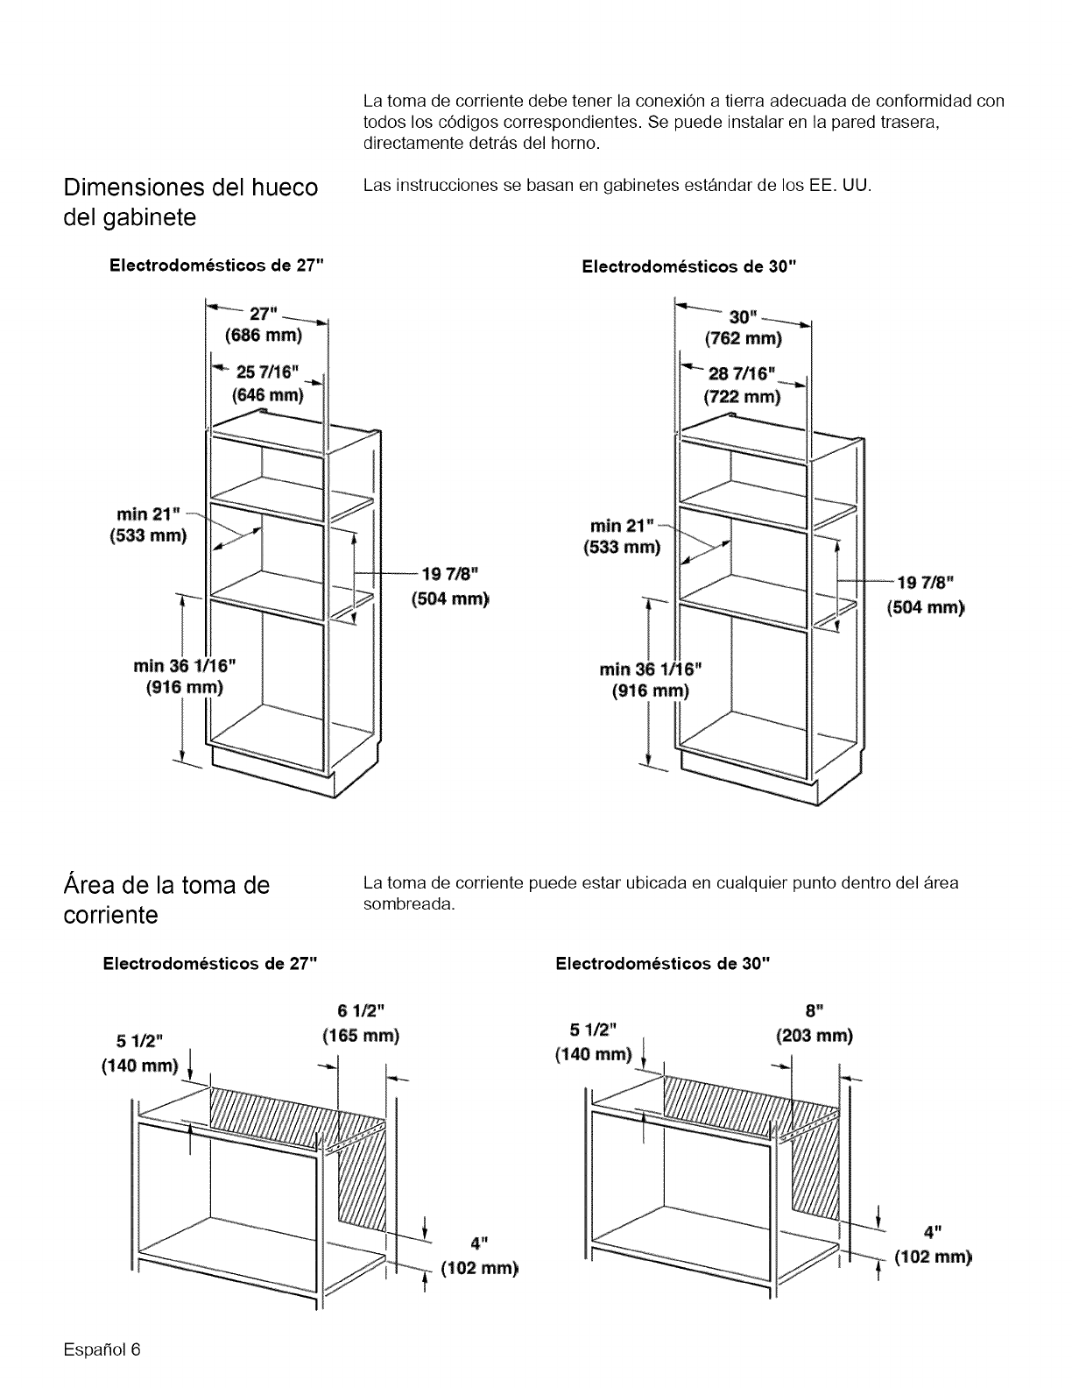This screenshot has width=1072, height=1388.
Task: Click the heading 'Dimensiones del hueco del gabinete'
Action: (x=190, y=202)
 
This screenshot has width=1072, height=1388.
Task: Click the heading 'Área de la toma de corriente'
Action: (x=166, y=899)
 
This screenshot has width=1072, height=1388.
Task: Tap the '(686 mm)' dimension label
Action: (x=263, y=336)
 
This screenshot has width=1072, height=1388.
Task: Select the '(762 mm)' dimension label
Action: (x=743, y=338)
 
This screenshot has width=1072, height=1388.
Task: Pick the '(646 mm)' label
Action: (x=267, y=395)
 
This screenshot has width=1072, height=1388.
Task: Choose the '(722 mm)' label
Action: (x=742, y=397)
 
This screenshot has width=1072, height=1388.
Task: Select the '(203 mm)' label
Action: (x=815, y=1037)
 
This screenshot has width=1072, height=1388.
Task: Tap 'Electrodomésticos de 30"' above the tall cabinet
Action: (x=690, y=266)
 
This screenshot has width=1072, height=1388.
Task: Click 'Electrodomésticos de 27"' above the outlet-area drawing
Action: (x=208, y=965)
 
